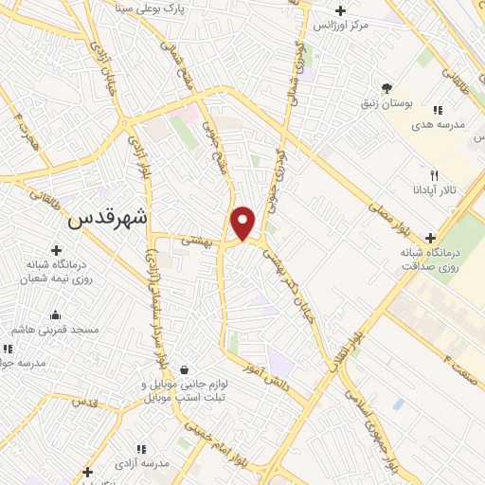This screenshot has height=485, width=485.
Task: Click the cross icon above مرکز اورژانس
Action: pos(339,10)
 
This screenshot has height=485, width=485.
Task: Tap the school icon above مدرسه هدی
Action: pos(438,111)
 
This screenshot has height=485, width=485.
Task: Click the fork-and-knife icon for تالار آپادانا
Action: pos(434,175)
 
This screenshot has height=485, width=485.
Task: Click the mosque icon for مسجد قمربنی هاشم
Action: pos(56,314)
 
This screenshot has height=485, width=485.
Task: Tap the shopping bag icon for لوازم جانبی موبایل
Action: pos(183,369)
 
